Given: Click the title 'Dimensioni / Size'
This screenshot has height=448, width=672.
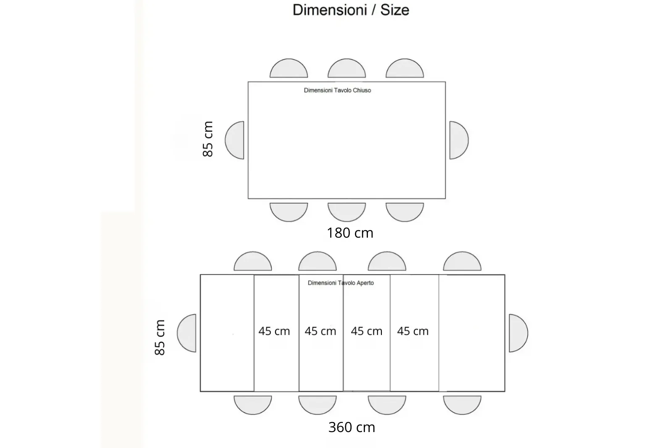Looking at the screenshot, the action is pos(351,10).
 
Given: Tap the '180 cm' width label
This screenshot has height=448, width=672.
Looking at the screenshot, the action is pos(350,233).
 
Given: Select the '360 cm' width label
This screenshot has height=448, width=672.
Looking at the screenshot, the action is pos(352,427).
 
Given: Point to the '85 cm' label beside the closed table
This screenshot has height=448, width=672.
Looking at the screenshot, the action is pos(207,139).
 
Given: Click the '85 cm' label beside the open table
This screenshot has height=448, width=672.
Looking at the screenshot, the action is pos(160,338).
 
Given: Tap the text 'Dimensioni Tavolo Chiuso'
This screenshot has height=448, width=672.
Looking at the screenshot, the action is pos(337,90).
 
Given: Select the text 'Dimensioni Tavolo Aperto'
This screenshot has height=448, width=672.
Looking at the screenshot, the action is pos(341,283).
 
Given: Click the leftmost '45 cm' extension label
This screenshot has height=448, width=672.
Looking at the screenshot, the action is pos(274,331).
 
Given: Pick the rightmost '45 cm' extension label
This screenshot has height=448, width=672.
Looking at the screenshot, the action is pos(413,331).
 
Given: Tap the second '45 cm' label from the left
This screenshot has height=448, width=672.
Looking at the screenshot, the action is pos(320,331).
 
